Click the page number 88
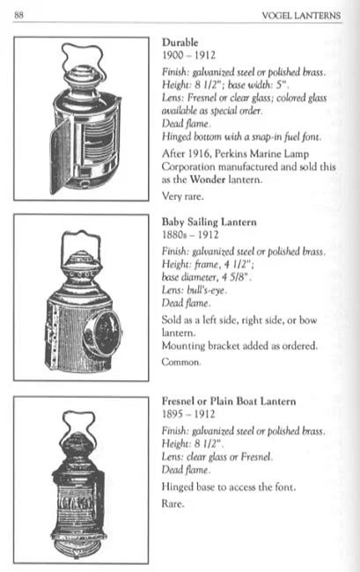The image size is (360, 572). (x=19, y=15)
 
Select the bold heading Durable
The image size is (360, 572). (x=180, y=41)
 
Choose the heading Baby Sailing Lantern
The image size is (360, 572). (x=213, y=223)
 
